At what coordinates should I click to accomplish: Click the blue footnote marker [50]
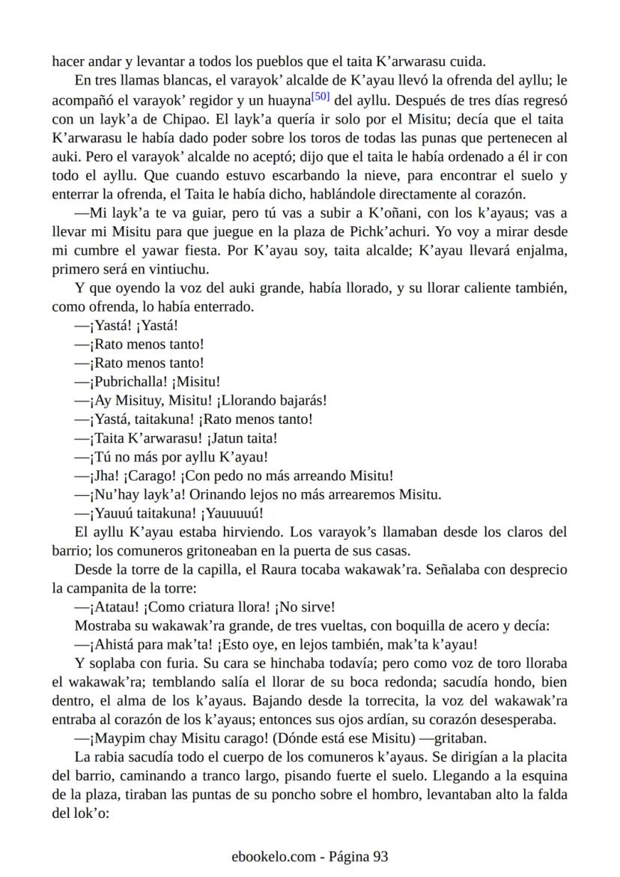tap(320, 96)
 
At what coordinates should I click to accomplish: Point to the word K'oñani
tap(377, 216)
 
